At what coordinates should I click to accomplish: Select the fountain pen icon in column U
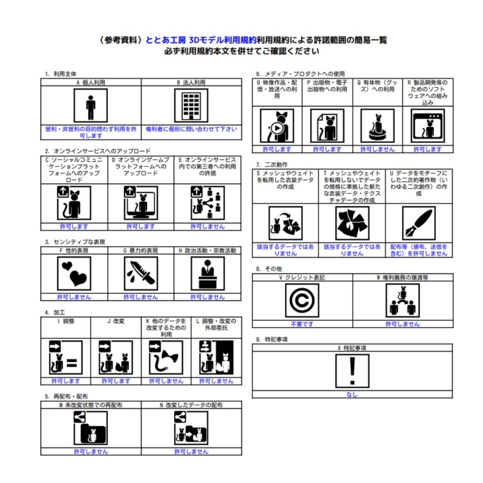pyautogui.click(x=418, y=223)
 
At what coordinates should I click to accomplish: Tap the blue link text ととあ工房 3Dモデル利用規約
pyautogui.click(x=201, y=40)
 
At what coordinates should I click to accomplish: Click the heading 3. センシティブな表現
pyautogui.click(x=75, y=242)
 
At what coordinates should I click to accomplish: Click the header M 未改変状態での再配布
pyautogui.click(x=91, y=405)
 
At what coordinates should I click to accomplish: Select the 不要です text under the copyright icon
pyautogui.click(x=302, y=324)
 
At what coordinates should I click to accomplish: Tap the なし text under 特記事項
pyautogui.click(x=352, y=395)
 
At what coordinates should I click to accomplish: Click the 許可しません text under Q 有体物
pyautogui.click(x=377, y=150)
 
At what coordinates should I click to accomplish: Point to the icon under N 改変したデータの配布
pyautogui.click(x=191, y=428)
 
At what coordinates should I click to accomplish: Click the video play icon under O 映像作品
pyautogui.click(x=277, y=126)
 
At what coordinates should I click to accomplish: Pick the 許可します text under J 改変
pyautogui.click(x=116, y=381)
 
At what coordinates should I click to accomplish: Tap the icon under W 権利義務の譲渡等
pyautogui.click(x=402, y=300)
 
